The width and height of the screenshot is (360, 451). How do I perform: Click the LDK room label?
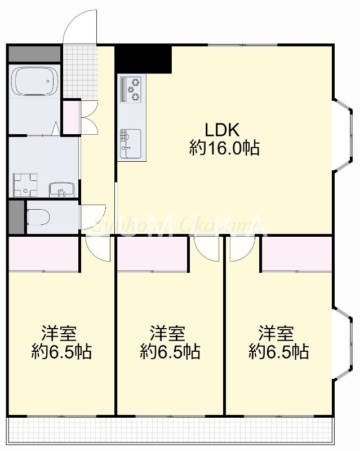coord(223,130)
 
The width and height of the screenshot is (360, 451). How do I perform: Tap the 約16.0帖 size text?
coord(224,149)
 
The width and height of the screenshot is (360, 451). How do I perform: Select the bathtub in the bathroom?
coord(35,82)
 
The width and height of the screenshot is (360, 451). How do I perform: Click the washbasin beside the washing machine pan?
coord(60,189)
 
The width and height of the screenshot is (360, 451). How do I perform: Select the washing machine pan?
coord(25,185)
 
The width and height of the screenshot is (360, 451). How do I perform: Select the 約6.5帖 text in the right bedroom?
coord(278,352)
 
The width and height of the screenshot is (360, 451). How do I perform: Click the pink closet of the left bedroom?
coord(43,253)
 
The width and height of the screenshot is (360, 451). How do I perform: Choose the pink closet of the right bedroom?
coord(296,253)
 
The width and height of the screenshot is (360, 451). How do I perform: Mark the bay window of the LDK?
coord(340,134)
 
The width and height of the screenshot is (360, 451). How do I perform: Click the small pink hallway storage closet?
coord(71,117)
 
